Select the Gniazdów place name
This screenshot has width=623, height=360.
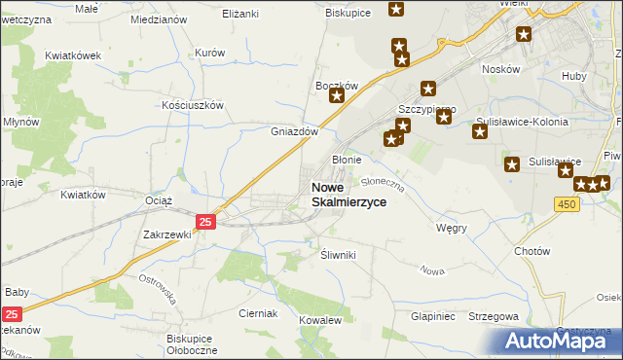[x=294, y=131]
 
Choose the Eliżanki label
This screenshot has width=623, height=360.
[x=240, y=15]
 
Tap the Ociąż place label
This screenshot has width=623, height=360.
[x=158, y=200]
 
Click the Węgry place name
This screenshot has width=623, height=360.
[x=452, y=228]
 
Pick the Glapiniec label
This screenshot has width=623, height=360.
[x=433, y=316]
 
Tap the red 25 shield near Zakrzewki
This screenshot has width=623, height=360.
[x=204, y=223]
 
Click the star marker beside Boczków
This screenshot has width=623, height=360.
[x=337, y=95]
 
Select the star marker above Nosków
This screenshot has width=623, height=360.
[x=524, y=36]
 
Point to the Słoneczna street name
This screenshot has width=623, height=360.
[x=382, y=181]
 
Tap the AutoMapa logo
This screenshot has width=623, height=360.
[x=561, y=341]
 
